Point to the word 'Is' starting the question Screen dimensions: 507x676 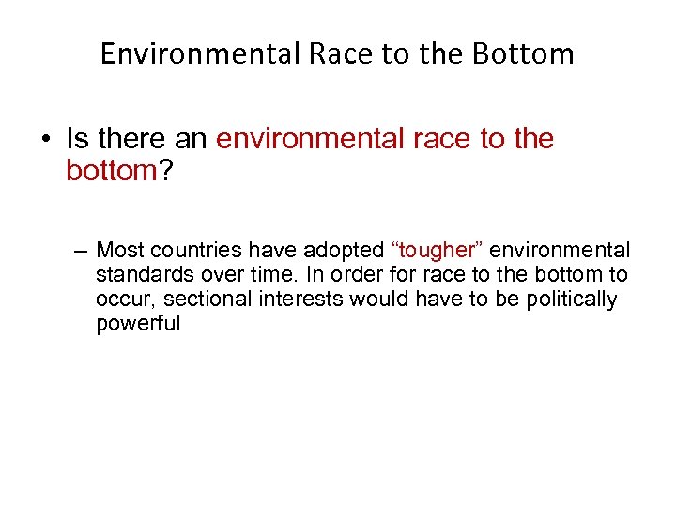pyautogui.click(x=76, y=140)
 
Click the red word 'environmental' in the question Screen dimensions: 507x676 pyautogui.click(x=300, y=140)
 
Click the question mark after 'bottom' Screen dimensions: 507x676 pyautogui.click(x=166, y=171)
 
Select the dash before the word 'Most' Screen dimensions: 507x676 pyautogui.click(x=80, y=251)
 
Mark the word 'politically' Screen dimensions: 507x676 pyautogui.click(x=575, y=300)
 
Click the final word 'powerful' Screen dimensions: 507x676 pyautogui.click(x=137, y=325)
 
